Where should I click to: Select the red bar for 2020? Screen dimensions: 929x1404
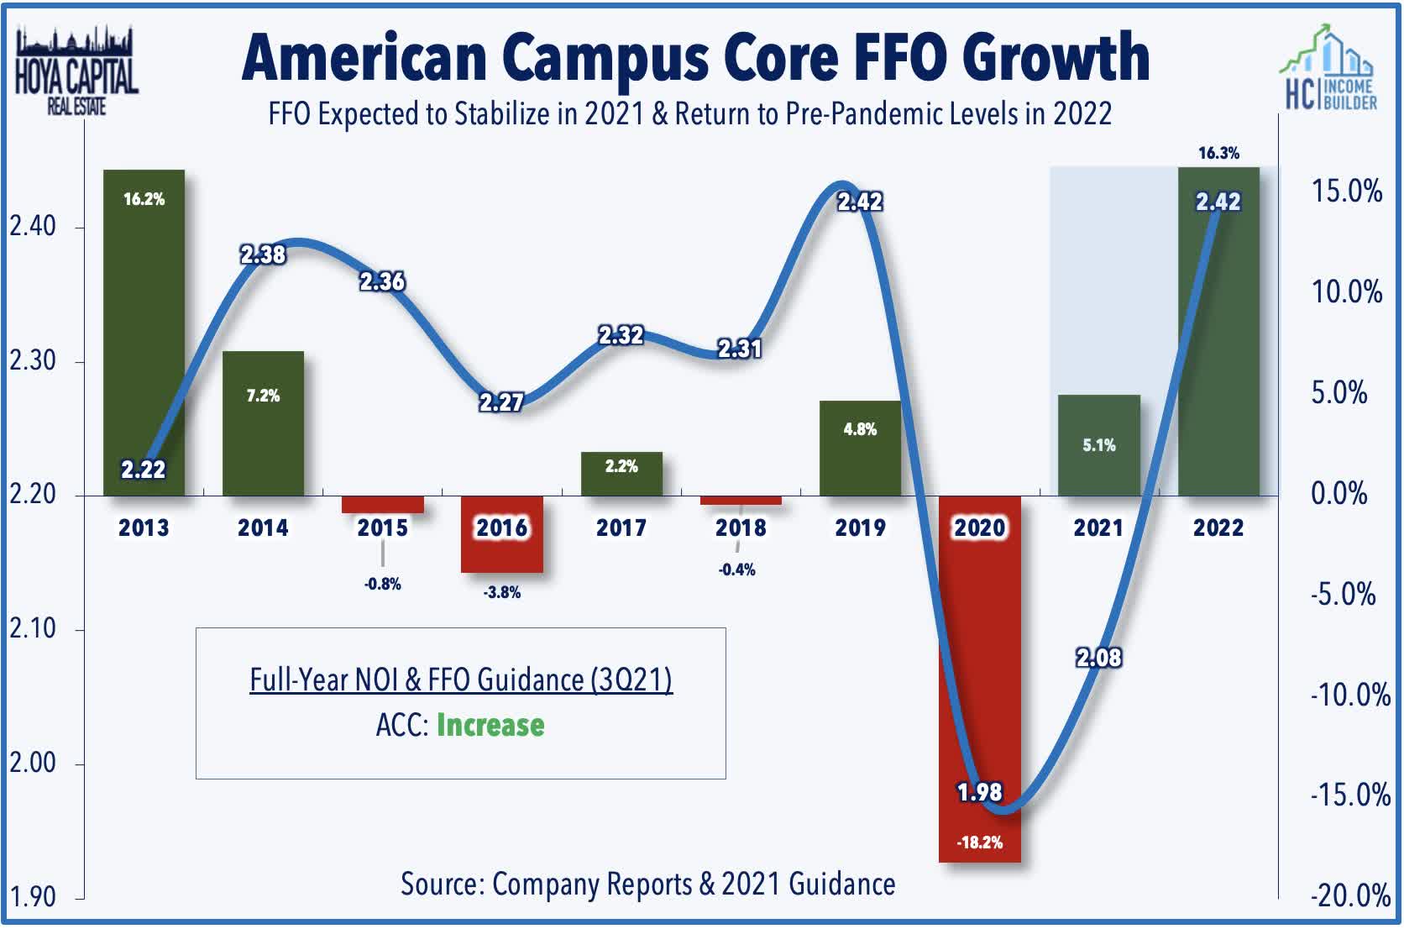pyautogui.click(x=979, y=672)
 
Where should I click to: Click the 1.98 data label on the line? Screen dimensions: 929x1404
pyautogui.click(x=979, y=792)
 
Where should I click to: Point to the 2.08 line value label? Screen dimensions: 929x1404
pyautogui.click(x=1098, y=657)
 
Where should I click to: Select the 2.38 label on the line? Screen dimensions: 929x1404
pyautogui.click(x=263, y=255)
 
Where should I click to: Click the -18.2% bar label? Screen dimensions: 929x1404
pyautogui.click(x=979, y=842)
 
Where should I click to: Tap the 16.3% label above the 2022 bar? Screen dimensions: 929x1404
pyautogui.click(x=1218, y=153)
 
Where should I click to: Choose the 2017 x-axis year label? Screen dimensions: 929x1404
pyautogui.click(x=621, y=527)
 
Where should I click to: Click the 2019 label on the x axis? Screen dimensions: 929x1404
pyautogui.click(x=860, y=527)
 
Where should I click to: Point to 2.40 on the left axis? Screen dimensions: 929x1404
pyautogui.click(x=33, y=226)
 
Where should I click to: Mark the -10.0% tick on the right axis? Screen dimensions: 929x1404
pyautogui.click(x=1349, y=695)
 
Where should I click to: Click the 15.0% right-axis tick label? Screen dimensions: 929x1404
pyautogui.click(x=1347, y=192)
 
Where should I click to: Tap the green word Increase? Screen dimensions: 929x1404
pyautogui.click(x=490, y=725)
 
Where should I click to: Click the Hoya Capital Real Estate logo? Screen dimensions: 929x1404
pyautogui.click(x=76, y=71)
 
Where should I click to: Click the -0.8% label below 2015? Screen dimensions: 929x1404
pyautogui.click(x=382, y=584)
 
